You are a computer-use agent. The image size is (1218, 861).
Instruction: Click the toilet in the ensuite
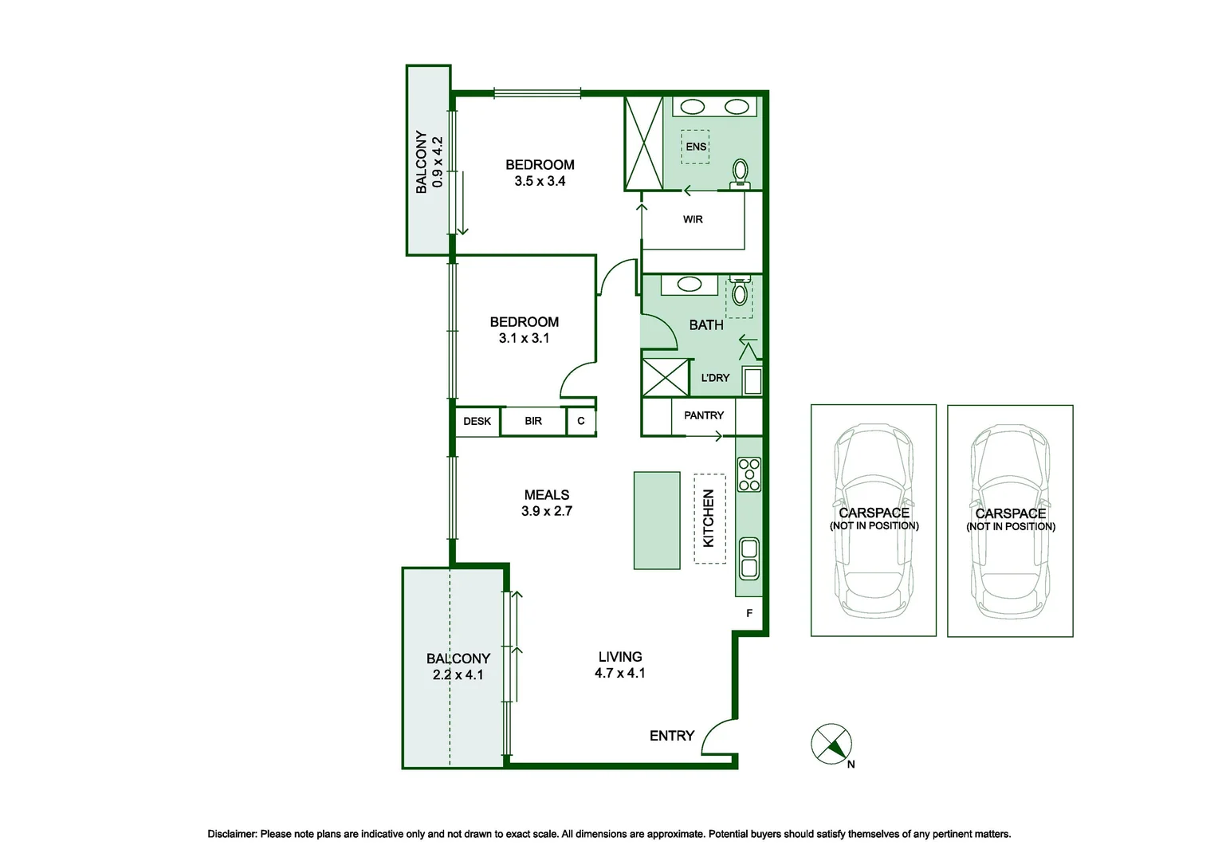(x=740, y=174)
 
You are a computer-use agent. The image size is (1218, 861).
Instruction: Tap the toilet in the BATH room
(x=740, y=291)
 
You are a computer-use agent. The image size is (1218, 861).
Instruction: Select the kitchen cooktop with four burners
(x=749, y=475)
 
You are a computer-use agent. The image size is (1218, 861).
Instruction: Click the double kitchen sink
(x=749, y=559)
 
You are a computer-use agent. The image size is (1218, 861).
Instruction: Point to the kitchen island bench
(x=657, y=521)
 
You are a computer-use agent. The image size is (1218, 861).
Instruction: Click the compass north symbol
(x=832, y=745)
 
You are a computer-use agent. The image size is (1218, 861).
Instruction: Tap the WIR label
(x=693, y=219)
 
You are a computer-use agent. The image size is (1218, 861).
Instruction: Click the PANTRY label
(x=704, y=415)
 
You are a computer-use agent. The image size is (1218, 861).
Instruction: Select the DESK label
(x=477, y=421)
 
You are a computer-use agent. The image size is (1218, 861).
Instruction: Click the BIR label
(x=532, y=421)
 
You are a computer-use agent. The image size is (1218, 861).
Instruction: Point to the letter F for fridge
(x=749, y=614)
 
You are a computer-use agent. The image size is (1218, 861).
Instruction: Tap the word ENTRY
(x=672, y=736)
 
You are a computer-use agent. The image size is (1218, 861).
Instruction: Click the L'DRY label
(x=715, y=377)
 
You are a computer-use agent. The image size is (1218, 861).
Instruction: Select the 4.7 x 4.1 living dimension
(x=620, y=674)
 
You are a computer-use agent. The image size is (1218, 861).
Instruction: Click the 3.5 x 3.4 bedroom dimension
(x=540, y=181)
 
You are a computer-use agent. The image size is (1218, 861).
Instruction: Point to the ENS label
(x=696, y=147)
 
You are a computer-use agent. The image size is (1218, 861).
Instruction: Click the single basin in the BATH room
(x=690, y=284)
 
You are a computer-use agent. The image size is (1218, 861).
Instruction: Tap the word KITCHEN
(x=709, y=518)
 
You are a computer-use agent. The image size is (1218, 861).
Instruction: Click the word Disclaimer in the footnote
(x=232, y=835)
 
